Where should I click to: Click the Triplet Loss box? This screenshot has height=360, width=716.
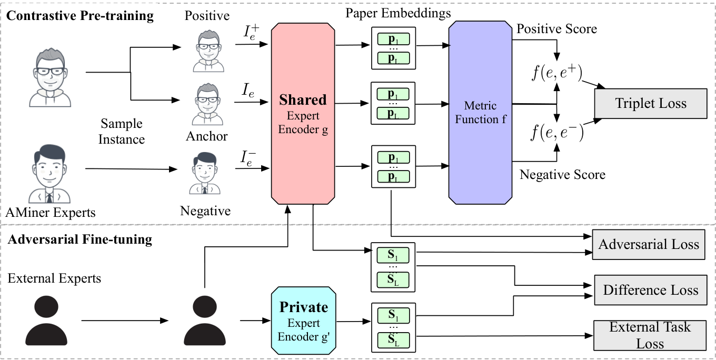pos(651,104)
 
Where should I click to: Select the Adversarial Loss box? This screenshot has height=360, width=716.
pos(649,244)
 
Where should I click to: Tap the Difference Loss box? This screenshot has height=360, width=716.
pos(651,290)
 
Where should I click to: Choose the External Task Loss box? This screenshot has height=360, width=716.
pos(650,335)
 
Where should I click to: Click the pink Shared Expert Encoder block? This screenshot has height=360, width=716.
pos(303,113)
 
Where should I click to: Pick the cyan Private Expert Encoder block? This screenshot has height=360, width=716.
pos(303,321)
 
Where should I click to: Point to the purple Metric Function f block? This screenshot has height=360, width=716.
pos(480,113)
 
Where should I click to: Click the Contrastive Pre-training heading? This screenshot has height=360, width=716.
pos(80,16)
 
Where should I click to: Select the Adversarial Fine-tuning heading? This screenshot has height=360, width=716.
pos(80,239)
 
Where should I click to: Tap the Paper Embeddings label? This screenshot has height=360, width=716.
pos(398,13)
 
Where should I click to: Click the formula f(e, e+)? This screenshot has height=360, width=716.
pos(557,73)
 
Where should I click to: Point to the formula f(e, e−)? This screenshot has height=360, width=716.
pos(557,132)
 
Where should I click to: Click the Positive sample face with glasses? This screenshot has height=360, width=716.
pos(208,51)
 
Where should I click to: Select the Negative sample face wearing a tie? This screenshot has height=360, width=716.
pos(205,173)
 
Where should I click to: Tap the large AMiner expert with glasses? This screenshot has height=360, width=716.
pos(50,77)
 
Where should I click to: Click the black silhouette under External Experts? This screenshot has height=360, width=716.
pos(46,321)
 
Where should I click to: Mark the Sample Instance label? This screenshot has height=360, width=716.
pos(122,131)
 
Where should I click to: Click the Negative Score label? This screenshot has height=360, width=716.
pos(562,174)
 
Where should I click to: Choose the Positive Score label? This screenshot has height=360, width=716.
pos(556,29)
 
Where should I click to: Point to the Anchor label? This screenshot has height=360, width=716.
pos(207,136)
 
